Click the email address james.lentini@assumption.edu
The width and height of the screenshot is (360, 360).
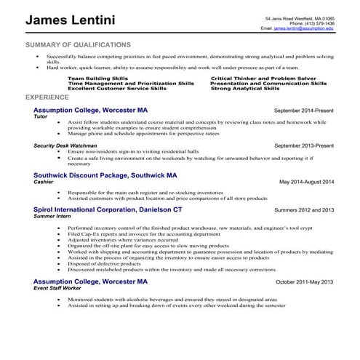[x=304, y=28]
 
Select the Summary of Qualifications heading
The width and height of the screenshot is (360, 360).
[x=78, y=45]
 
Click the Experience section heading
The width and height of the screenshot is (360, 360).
[x=47, y=97]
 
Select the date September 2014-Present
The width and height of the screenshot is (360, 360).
[x=304, y=111]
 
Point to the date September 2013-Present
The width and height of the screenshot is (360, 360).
[x=304, y=145]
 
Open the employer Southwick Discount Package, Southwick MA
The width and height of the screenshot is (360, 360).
[x=105, y=176]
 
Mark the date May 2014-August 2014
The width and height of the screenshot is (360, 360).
[x=307, y=181]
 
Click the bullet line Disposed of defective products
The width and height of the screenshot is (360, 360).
[x=103, y=263]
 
